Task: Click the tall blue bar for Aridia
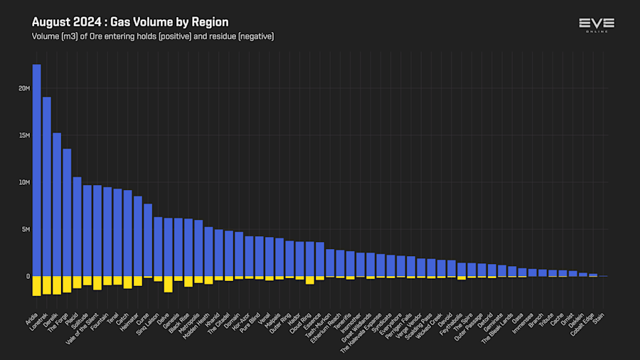point(36,171)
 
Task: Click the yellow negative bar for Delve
point(168,284)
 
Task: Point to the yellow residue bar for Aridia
point(36,285)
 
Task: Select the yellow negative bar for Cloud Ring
point(309,280)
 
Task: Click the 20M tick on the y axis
point(24,88)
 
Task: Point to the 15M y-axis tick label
point(24,135)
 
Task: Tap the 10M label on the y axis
point(24,182)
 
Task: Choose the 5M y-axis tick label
point(25,229)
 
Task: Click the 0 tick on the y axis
point(28,276)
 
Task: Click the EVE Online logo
point(596,26)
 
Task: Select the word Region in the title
point(212,23)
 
